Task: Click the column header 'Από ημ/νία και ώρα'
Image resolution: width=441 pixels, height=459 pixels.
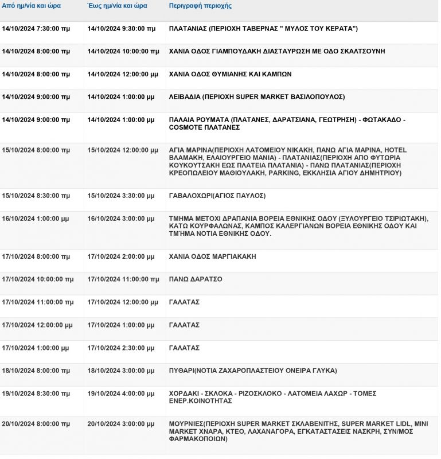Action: coord(32,6)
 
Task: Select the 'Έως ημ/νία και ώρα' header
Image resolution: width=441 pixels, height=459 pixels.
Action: coord(118,6)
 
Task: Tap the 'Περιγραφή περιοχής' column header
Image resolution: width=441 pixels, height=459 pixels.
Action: coord(200,6)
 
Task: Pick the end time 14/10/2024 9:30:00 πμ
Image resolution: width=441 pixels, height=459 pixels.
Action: coord(122,28)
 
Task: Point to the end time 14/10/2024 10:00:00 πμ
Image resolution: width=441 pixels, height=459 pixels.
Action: coord(123,51)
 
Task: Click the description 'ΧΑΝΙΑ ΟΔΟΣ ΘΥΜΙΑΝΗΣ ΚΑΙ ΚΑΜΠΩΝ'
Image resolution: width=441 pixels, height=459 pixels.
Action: coord(231,74)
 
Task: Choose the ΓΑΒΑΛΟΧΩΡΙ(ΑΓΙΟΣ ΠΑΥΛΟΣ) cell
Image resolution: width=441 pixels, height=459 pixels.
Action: coord(217,196)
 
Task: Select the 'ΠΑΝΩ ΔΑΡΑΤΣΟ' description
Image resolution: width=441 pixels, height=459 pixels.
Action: coord(196,279)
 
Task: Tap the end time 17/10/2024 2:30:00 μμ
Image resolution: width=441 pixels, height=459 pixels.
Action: coord(121,348)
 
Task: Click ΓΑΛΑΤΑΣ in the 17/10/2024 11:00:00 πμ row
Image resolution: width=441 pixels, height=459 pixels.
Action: coord(184,302)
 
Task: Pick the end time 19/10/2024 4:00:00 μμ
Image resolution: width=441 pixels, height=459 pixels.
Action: coord(121,394)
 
